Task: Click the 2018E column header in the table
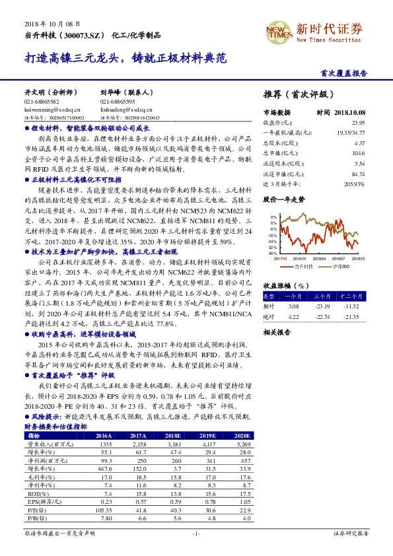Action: (174, 418)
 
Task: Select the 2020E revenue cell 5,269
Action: (242, 427)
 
